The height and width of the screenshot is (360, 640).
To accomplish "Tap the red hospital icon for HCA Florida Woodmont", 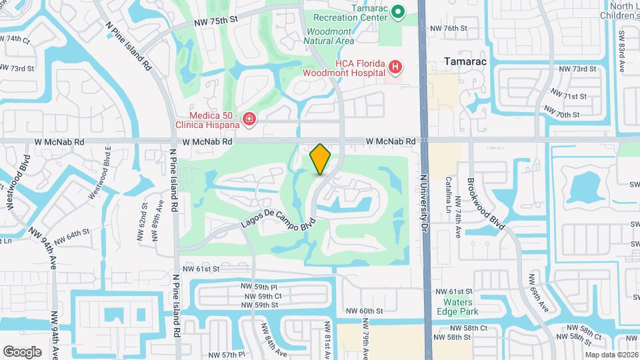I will coord(396,67).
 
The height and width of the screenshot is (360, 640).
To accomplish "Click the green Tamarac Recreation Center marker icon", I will coord(398,11).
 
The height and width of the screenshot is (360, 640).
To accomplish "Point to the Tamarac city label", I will coord(465,61).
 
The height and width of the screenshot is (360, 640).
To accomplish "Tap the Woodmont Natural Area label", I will coord(329,36).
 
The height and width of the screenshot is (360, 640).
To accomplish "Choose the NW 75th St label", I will coord(216,21).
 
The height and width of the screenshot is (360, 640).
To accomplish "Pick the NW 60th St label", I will coord(364,311).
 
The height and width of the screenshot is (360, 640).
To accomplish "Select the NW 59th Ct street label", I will coord(263,295).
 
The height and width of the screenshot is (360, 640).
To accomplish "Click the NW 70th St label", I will coord(561,115).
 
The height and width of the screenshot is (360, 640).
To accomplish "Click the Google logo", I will coord(22,351).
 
